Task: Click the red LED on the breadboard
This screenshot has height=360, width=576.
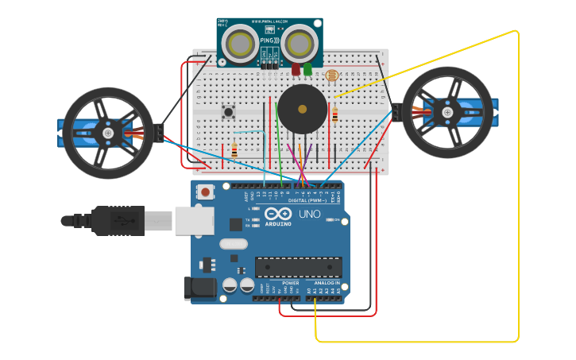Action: point(296,70)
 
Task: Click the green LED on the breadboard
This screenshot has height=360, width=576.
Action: point(307,70)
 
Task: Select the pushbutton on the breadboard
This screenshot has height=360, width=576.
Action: point(228,112)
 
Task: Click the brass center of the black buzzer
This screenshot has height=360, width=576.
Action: point(302,109)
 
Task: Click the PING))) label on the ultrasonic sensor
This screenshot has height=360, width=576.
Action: point(269,41)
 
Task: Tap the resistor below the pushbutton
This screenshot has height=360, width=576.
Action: point(234,149)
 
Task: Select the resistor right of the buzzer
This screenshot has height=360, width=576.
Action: point(334,115)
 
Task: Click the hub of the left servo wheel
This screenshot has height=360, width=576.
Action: point(108,134)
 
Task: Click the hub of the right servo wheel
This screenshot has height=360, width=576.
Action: point(447,113)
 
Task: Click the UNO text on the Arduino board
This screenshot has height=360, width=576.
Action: point(309,215)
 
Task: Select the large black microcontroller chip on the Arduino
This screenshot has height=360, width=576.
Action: point(298,268)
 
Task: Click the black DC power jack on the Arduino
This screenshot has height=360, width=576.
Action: point(199,288)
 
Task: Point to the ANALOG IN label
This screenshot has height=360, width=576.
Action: point(326,283)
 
